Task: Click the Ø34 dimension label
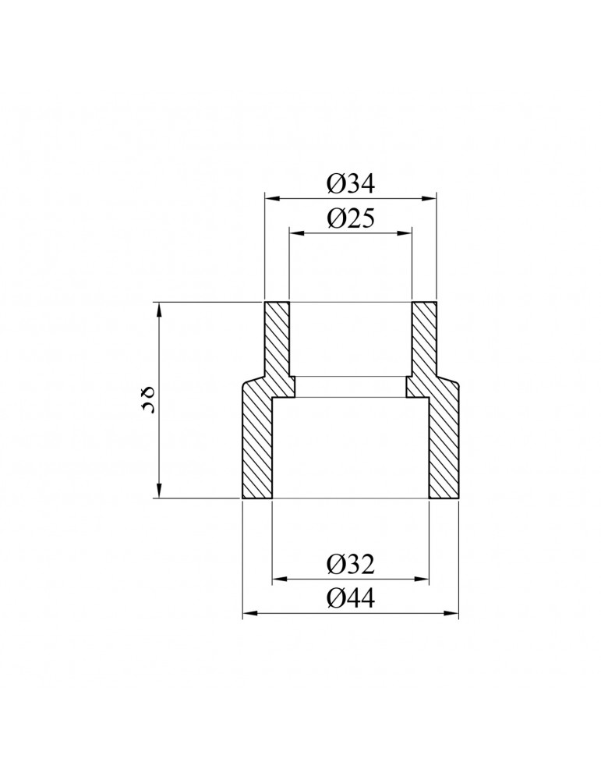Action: tap(351, 184)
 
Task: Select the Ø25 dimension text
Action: tap(351, 218)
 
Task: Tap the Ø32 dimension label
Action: tap(351, 564)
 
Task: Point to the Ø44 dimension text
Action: tap(351, 599)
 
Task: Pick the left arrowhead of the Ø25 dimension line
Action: tap(295, 232)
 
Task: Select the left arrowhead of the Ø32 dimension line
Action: tap(278, 579)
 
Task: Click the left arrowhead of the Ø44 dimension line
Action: tap(249, 614)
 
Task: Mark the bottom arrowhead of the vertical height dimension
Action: tap(159, 491)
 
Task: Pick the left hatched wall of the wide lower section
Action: tap(256, 445)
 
